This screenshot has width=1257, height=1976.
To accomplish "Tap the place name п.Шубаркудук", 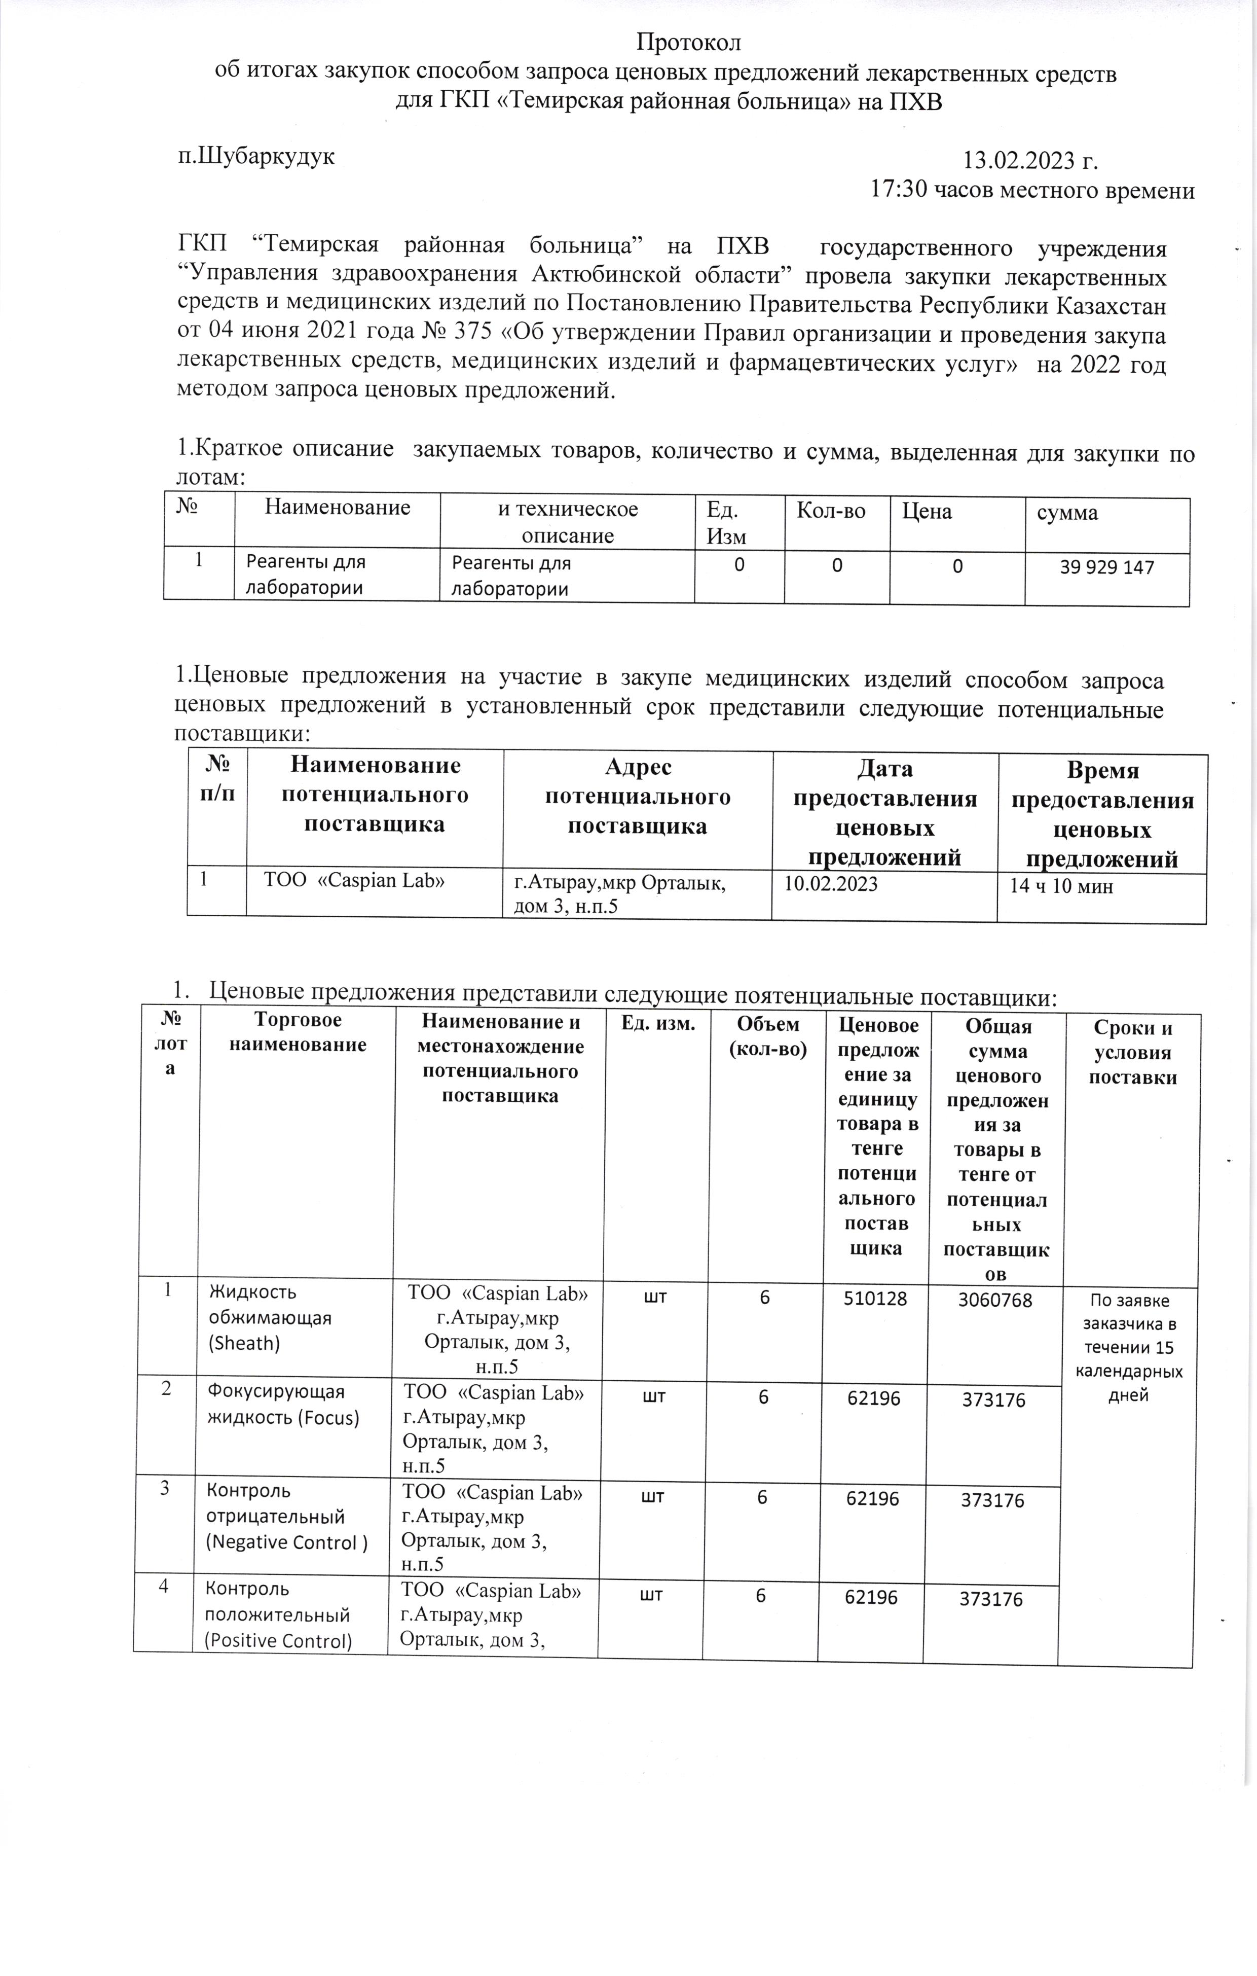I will coord(257,156).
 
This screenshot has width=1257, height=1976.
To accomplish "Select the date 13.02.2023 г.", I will coord(1030,160).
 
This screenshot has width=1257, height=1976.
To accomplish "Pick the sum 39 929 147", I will coord(1107,567).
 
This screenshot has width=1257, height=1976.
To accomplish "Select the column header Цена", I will coord(927,512).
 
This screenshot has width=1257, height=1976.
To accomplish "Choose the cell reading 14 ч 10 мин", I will coord(1062,886).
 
